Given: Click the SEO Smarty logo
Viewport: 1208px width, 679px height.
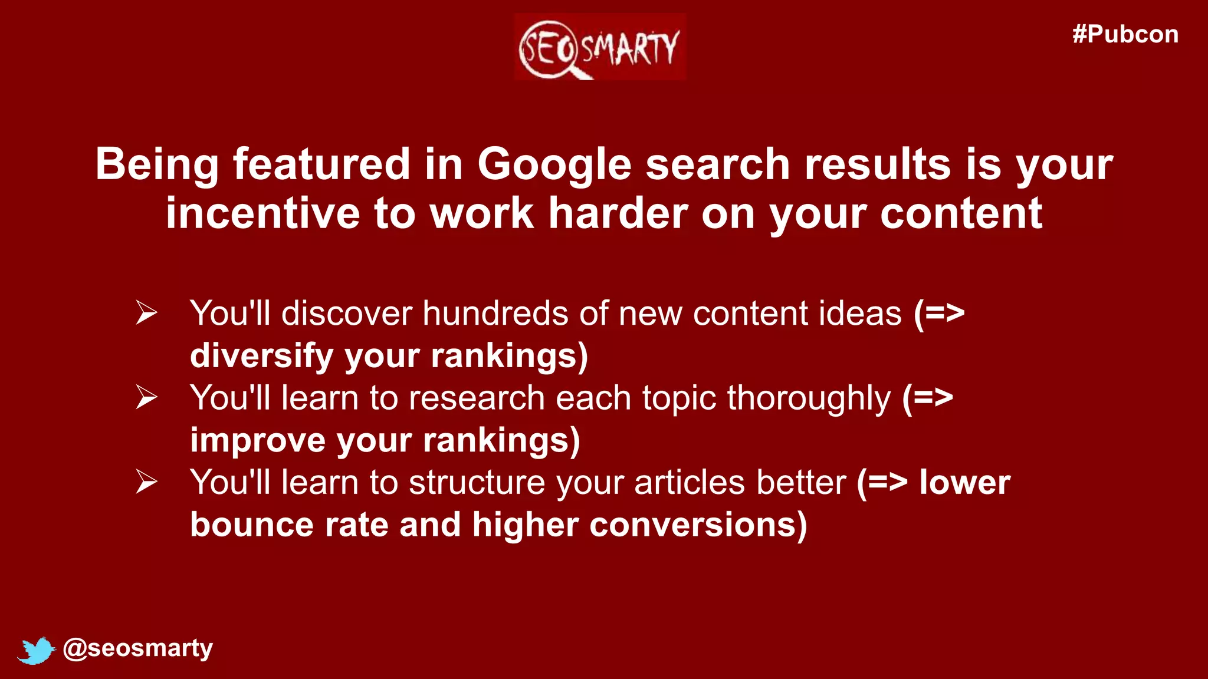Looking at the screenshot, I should click(x=600, y=47).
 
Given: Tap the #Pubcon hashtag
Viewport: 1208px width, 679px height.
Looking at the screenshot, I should click(x=1125, y=34).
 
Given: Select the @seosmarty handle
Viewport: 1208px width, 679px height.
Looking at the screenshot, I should click(x=137, y=648).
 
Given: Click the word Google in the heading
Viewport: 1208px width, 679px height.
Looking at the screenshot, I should click(x=554, y=164).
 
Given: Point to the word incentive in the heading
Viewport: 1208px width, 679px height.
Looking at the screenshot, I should click(x=262, y=213).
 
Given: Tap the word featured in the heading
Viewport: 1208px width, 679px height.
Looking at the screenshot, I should click(x=321, y=164).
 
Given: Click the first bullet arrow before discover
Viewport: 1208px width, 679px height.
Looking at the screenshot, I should click(x=146, y=313).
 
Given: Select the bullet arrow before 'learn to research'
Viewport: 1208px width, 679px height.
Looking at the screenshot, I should click(x=146, y=397).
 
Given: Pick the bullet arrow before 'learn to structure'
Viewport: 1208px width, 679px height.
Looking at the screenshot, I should click(x=146, y=482).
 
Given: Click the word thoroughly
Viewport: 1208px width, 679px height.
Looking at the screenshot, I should click(x=809, y=398).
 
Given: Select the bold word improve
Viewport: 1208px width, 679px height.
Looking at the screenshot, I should click(x=257, y=441).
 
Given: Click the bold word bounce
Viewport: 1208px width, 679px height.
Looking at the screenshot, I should click(x=251, y=525).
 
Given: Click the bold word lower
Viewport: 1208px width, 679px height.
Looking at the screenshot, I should click(x=964, y=483).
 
